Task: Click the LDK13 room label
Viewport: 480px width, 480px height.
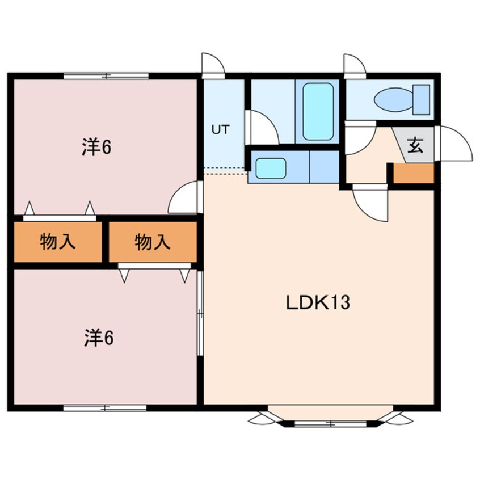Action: click(x=317, y=302)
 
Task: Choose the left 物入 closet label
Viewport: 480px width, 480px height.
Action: click(x=57, y=242)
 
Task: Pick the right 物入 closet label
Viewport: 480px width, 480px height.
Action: click(x=153, y=242)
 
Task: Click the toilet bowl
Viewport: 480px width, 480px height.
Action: click(x=393, y=100)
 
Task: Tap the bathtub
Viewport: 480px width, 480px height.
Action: click(x=318, y=111)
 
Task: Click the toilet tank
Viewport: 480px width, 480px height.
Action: click(x=422, y=99)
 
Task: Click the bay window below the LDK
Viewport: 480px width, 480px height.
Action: click(x=330, y=419)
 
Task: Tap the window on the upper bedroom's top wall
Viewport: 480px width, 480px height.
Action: click(x=106, y=75)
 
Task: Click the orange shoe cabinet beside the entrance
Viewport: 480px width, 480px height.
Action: click(x=414, y=173)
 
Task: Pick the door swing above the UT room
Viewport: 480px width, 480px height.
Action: click(x=213, y=64)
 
